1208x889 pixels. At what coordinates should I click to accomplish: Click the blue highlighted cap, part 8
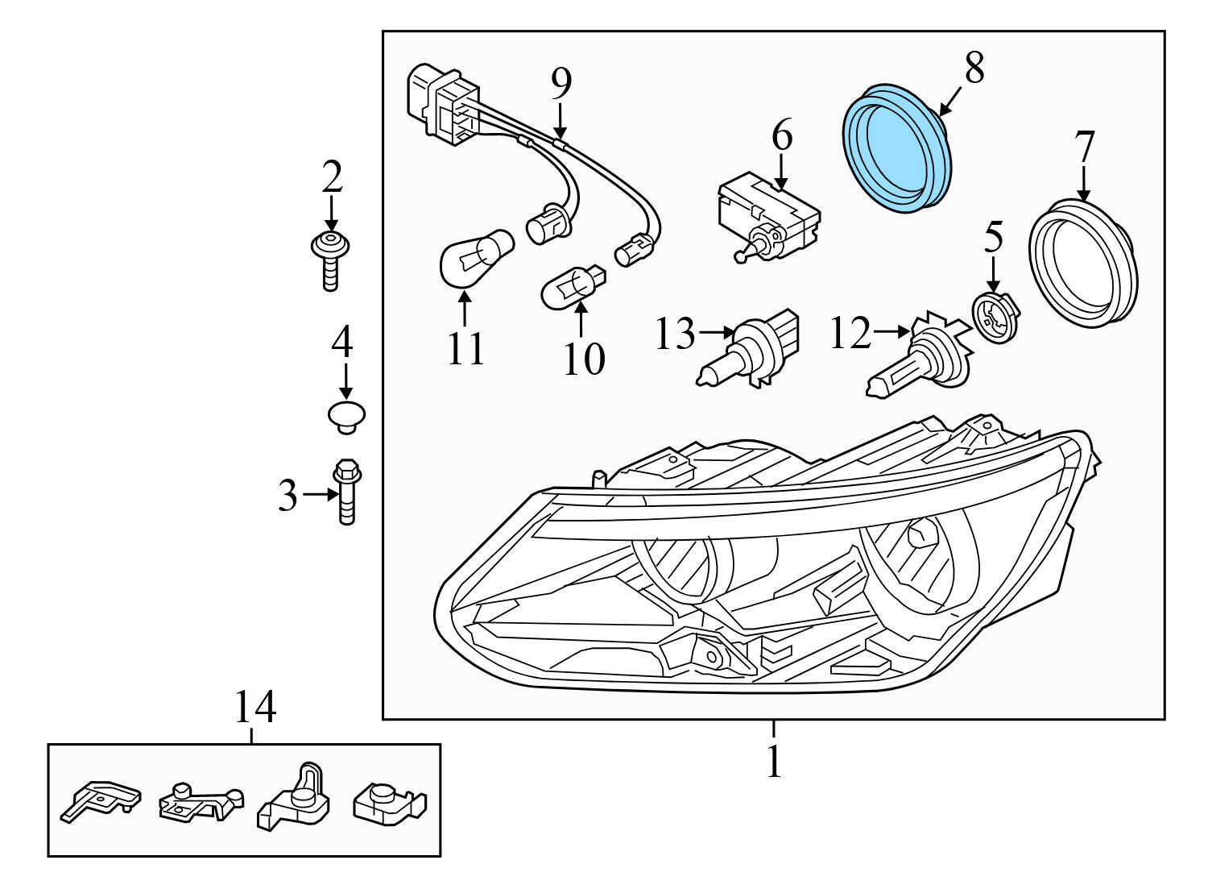click(x=896, y=147)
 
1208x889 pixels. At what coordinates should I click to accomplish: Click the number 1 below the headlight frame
click(x=773, y=760)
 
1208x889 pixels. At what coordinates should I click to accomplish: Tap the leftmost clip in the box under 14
click(x=101, y=800)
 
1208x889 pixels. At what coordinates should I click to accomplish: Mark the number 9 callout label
click(x=561, y=82)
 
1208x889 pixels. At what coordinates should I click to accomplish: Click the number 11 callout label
click(x=465, y=349)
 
